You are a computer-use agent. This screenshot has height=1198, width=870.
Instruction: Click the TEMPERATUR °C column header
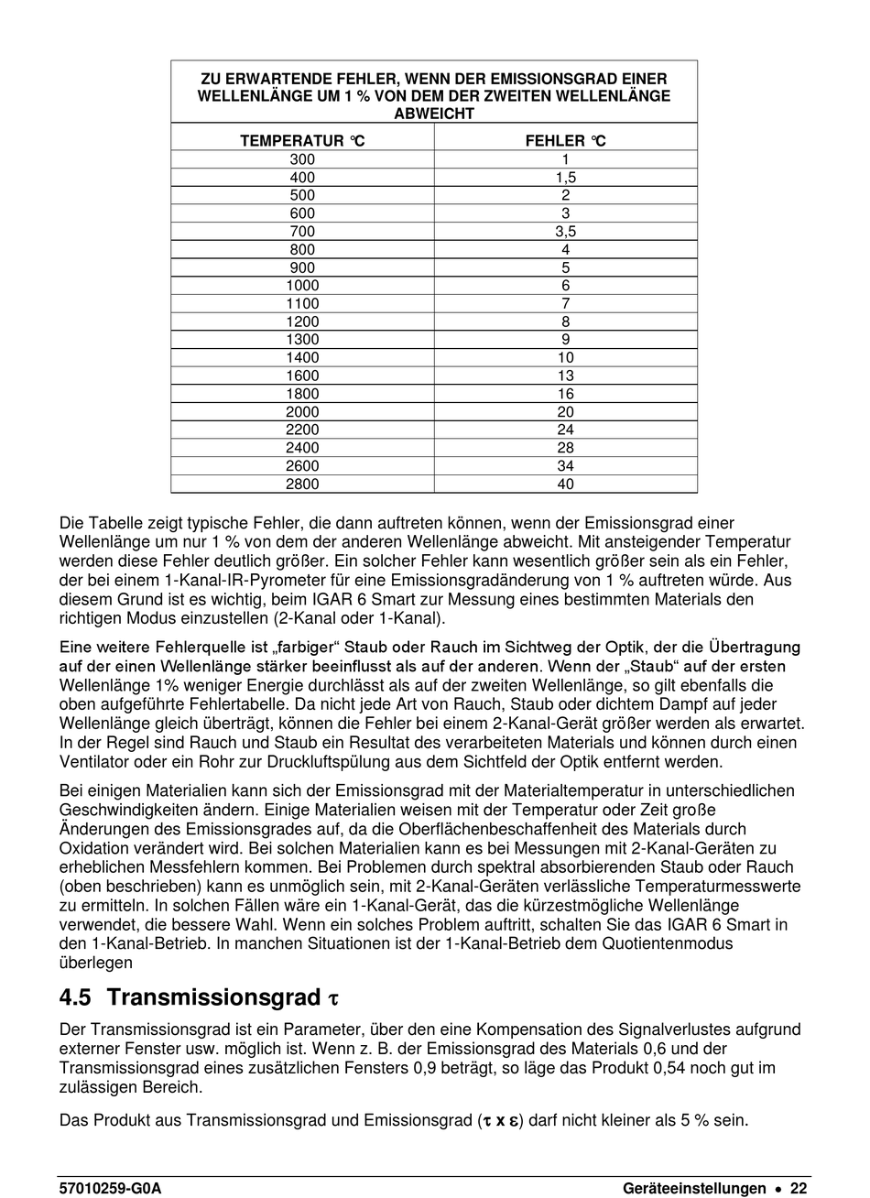tap(302, 141)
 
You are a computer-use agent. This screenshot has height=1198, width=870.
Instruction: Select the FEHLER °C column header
tap(565, 141)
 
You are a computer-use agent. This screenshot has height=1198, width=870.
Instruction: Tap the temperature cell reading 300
tap(302, 159)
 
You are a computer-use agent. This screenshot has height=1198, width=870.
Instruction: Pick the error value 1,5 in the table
tap(565, 178)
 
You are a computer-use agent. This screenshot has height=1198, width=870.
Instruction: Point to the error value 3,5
tap(565, 232)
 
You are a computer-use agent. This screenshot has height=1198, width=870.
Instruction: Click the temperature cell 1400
tap(302, 358)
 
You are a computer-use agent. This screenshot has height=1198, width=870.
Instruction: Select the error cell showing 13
tap(565, 376)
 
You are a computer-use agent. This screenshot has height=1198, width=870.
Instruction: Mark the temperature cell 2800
tap(302, 485)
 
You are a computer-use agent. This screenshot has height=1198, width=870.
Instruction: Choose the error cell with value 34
tap(565, 466)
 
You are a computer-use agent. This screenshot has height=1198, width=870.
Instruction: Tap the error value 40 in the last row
tap(565, 485)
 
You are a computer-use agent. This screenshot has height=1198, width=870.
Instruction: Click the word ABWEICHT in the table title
tap(434, 114)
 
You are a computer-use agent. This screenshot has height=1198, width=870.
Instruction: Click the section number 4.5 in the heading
tap(76, 997)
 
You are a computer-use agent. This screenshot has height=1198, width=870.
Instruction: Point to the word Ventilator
tap(96, 762)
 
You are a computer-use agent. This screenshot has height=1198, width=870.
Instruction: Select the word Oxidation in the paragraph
tap(93, 848)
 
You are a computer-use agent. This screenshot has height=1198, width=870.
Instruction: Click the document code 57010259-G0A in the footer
tap(109, 1188)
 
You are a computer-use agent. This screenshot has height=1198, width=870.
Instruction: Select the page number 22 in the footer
tap(799, 1188)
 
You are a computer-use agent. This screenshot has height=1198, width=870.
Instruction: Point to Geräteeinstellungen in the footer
tap(694, 1188)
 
